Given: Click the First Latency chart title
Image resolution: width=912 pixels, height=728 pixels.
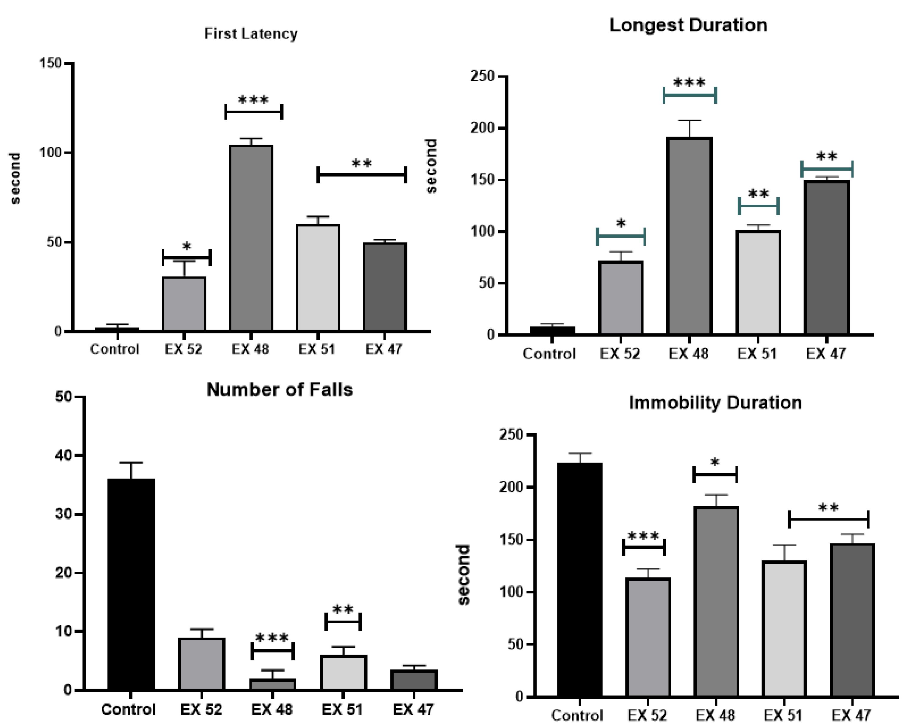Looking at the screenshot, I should pyautogui.click(x=251, y=34).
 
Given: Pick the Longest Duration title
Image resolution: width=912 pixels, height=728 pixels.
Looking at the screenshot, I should pyautogui.click(x=688, y=25).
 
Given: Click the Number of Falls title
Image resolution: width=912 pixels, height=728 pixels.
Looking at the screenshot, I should pyautogui.click(x=279, y=389).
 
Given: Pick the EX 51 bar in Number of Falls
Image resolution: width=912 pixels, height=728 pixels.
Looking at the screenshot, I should pyautogui.click(x=343, y=673).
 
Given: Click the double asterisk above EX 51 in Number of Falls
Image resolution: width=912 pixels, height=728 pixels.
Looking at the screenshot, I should pyautogui.click(x=343, y=610).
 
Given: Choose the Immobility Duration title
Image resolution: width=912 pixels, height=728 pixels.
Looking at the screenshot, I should pyautogui.click(x=715, y=402).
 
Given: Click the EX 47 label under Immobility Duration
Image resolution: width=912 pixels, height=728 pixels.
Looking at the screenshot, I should pyautogui.click(x=851, y=715).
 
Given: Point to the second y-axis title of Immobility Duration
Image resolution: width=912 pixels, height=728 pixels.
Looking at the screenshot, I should pyautogui.click(x=464, y=574).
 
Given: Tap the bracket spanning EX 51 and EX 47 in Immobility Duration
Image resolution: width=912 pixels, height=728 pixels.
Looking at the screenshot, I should pyautogui.click(x=828, y=519).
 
